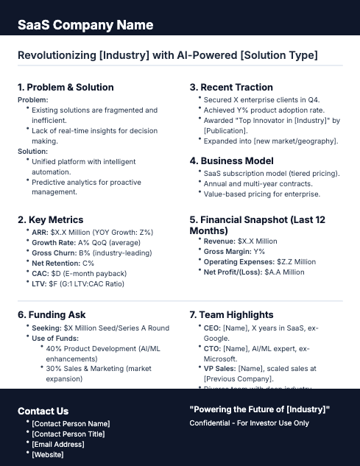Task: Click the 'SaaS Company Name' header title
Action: point(85,24)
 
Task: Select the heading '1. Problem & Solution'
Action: point(66,88)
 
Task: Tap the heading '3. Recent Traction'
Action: point(231,88)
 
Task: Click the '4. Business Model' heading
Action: point(231,160)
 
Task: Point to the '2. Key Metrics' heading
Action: point(50,219)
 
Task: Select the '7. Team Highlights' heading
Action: point(231,314)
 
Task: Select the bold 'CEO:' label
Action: point(212,327)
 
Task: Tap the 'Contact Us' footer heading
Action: point(43,411)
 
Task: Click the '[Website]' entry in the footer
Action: point(48,454)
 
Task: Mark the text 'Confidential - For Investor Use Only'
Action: point(249,423)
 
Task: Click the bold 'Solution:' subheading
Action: point(33,150)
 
